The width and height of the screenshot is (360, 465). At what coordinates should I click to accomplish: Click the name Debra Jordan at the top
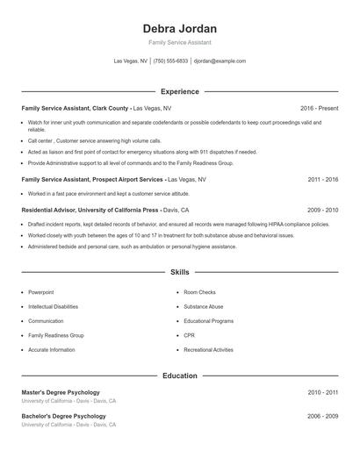click(179, 28)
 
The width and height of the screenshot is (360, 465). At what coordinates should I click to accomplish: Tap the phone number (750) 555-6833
click(170, 61)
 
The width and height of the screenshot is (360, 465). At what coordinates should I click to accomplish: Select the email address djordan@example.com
click(220, 61)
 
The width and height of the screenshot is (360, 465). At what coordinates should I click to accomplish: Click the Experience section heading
click(179, 91)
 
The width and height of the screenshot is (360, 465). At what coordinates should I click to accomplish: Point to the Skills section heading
click(179, 273)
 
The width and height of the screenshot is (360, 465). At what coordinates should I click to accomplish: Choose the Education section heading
click(179, 376)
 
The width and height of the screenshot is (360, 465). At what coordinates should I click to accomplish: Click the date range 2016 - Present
click(319, 108)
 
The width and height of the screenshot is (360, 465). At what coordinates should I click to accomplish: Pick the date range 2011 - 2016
click(322, 179)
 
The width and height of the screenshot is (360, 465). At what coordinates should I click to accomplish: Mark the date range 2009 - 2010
click(322, 211)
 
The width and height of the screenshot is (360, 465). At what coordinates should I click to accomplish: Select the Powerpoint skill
click(41, 291)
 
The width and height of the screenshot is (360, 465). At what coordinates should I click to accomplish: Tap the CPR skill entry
click(190, 335)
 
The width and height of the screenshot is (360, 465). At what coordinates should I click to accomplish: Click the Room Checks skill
click(199, 291)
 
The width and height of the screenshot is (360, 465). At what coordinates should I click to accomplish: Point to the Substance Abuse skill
click(203, 306)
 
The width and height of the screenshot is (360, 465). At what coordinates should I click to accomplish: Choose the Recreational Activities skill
click(208, 350)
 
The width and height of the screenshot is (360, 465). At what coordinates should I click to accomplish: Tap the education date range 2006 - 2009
click(322, 416)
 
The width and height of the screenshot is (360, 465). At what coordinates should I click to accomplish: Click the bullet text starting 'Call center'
click(95, 140)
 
